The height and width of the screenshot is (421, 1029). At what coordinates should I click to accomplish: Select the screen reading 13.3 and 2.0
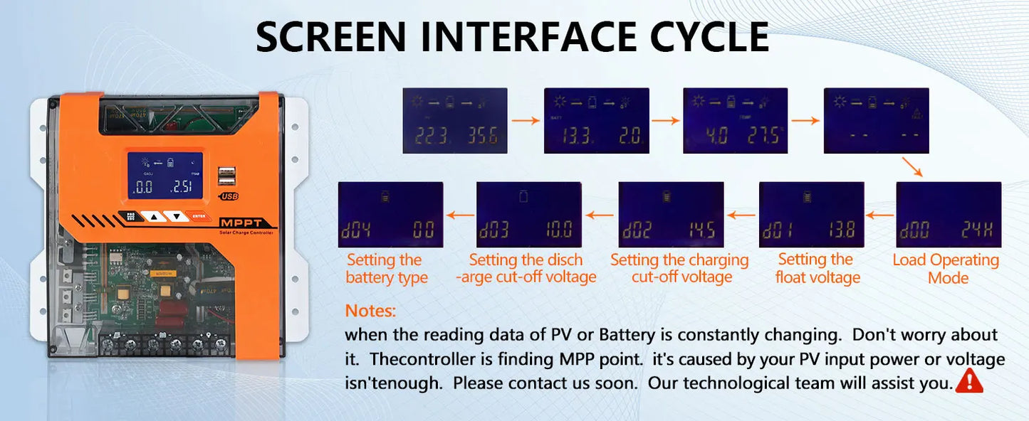(x=596, y=120)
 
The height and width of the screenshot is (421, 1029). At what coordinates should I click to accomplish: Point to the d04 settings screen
(x=390, y=214)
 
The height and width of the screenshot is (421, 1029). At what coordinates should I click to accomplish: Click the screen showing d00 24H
(x=949, y=214)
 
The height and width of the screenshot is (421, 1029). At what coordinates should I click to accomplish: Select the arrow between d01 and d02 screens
(x=741, y=214)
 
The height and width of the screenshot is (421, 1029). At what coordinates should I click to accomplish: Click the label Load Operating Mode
(x=946, y=269)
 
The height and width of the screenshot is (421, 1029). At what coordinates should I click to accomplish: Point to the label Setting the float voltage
(x=817, y=268)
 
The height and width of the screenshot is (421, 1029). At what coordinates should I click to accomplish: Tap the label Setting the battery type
(x=386, y=269)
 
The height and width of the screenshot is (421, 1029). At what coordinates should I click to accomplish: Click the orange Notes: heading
(x=370, y=311)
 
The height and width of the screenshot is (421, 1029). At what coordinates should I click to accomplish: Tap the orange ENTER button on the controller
(x=199, y=216)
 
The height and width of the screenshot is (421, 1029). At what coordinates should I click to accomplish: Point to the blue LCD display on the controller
(x=164, y=176)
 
